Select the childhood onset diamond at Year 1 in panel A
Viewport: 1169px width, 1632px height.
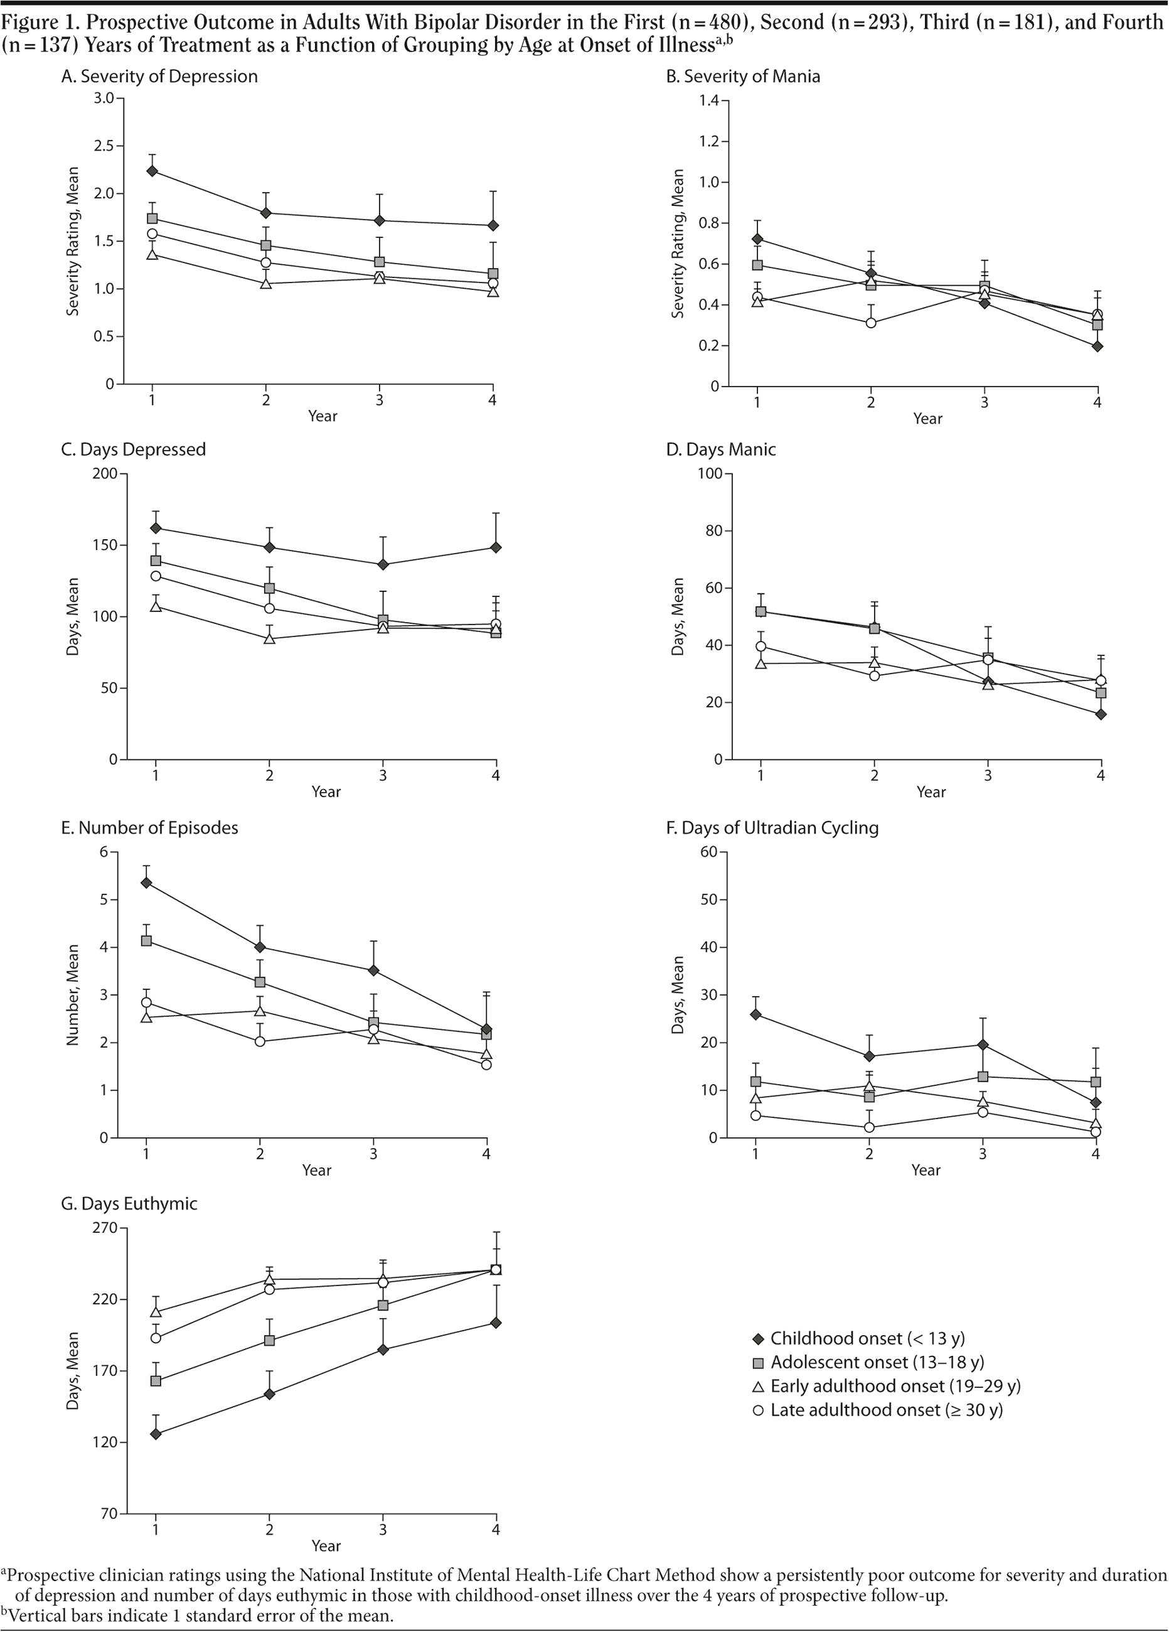coord(152,171)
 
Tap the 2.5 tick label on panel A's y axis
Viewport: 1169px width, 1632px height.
coord(104,146)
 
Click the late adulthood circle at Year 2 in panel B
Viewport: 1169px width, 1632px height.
coord(870,323)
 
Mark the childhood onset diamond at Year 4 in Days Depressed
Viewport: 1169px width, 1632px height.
coord(496,547)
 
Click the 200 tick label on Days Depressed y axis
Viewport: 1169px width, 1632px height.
coord(106,473)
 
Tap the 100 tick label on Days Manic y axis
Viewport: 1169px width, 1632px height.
coord(710,473)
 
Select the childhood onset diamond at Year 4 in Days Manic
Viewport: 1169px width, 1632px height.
coord(1101,714)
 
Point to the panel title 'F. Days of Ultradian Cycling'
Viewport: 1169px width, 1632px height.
coord(772,827)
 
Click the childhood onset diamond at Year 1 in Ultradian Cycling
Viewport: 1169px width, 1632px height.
coord(755,1014)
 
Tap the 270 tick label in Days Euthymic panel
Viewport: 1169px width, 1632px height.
coord(105,1228)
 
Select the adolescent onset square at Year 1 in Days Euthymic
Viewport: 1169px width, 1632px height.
coord(156,1381)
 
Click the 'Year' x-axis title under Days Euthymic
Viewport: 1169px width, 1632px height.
coord(326,1545)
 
